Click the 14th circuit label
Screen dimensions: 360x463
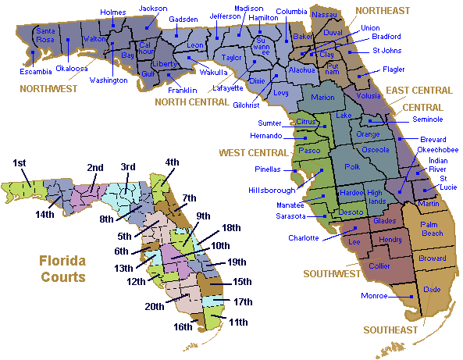(44, 214)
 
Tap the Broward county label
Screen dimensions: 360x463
(433, 258)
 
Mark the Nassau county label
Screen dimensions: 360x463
(324, 14)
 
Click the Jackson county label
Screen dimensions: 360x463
(153, 9)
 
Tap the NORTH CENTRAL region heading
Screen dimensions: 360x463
(191, 101)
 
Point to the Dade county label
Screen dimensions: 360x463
(431, 290)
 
